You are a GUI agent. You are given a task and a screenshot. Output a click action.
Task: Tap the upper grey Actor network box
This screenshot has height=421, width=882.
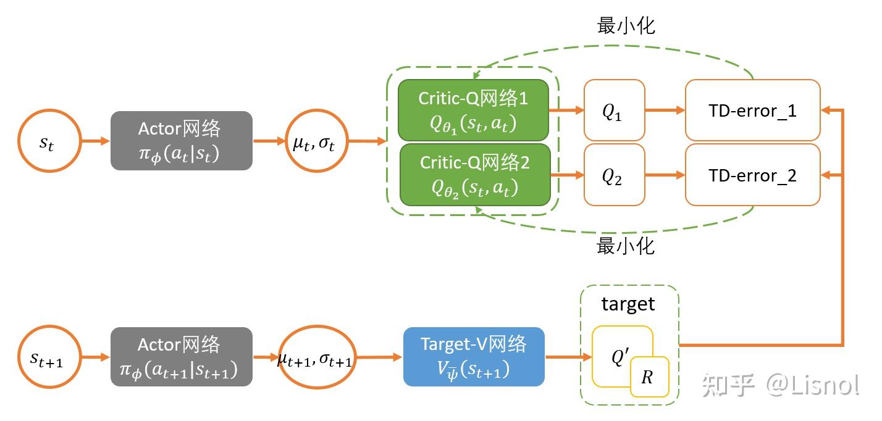[x=181, y=140]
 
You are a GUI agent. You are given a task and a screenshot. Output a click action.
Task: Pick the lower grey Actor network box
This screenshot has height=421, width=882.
[x=181, y=356]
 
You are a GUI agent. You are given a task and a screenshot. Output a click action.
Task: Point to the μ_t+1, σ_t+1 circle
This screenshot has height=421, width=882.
[x=314, y=357]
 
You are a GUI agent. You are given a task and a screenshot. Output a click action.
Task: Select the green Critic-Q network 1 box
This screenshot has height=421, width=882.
[x=473, y=109]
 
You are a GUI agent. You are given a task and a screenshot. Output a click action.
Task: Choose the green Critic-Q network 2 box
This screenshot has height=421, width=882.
[x=474, y=174]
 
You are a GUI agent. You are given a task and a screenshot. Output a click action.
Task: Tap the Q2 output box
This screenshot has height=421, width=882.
[x=613, y=175]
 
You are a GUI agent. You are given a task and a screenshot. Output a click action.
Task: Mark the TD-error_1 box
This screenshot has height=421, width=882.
[x=752, y=110]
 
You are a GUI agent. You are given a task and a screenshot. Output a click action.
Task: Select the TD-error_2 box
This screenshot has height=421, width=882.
[x=752, y=175]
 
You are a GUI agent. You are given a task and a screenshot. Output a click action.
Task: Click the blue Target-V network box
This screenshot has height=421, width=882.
[x=474, y=356]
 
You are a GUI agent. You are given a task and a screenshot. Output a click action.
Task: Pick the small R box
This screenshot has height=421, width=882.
[x=649, y=377]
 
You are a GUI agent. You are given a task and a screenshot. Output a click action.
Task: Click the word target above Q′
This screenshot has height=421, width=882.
[x=628, y=304]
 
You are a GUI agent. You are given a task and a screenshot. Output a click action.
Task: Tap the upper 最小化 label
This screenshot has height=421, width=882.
[x=625, y=25]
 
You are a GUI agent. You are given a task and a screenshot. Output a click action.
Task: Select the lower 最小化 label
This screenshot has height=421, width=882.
[x=625, y=246]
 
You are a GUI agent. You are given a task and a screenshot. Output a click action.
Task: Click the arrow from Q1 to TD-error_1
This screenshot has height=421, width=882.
[x=665, y=110]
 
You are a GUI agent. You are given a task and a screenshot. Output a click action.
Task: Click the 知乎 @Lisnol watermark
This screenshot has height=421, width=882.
[x=779, y=385]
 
